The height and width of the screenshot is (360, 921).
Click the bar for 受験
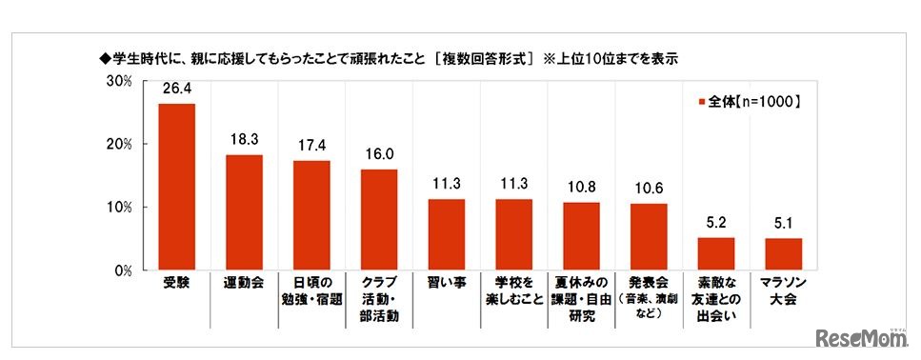coord(176,187)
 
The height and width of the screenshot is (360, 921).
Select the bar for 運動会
coord(244,212)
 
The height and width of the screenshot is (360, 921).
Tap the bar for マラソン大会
coord(784,254)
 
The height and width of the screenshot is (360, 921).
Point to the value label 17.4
coord(311,149)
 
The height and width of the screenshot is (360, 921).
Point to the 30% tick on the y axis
coord(119,81)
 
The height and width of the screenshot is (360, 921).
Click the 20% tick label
coord(119,144)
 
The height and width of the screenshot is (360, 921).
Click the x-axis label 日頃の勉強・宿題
coord(311,290)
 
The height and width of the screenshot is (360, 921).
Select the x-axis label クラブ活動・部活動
coord(379,298)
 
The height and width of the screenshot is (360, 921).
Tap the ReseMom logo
coord(863,338)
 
